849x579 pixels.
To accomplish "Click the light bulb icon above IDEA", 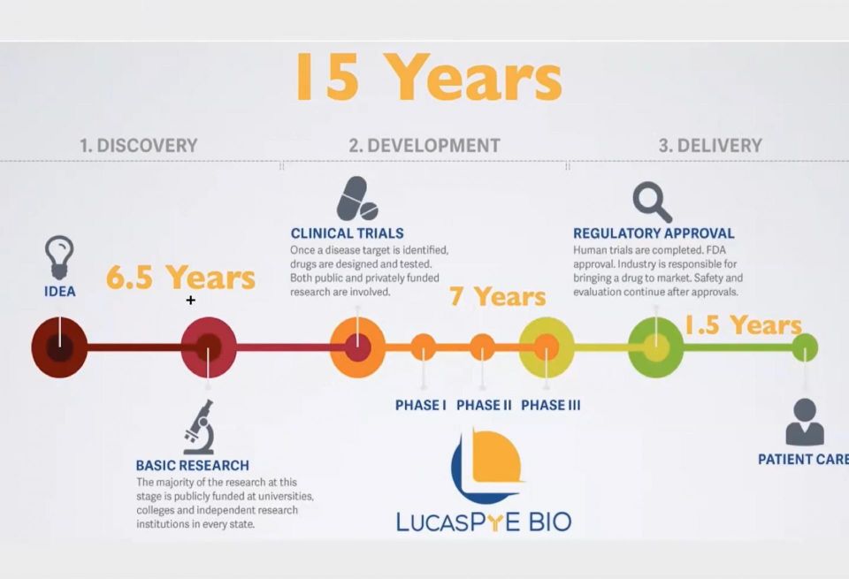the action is pyautogui.click(x=59, y=257).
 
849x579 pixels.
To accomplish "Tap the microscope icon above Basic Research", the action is pyautogui.click(x=199, y=427).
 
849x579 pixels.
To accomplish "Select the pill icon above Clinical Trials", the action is pyautogui.click(x=356, y=198).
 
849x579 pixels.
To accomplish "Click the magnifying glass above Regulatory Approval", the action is pyautogui.click(x=653, y=202).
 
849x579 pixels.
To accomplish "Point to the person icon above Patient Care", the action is pyautogui.click(x=805, y=422).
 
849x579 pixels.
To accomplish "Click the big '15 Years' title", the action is pyautogui.click(x=429, y=77).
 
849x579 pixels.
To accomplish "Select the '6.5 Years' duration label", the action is pyautogui.click(x=180, y=277).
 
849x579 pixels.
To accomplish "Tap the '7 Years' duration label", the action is pyautogui.click(x=498, y=296).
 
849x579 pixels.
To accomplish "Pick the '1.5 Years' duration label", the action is pyautogui.click(x=743, y=325).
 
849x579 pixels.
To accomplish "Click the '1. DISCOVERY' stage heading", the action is pyautogui.click(x=139, y=146).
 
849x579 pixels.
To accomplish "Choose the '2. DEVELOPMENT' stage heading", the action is pyautogui.click(x=424, y=146).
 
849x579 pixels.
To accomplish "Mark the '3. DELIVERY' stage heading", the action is pyautogui.click(x=710, y=146).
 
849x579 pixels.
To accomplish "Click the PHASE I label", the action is pyautogui.click(x=421, y=405).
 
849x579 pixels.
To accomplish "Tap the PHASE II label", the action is pyautogui.click(x=484, y=405).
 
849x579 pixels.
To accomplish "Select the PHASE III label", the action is pyautogui.click(x=551, y=405).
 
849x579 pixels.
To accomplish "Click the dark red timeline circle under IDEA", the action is pyautogui.click(x=59, y=347).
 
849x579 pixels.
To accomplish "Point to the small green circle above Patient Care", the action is pyautogui.click(x=805, y=347).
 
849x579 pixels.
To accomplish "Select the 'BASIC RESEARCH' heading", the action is pyautogui.click(x=192, y=465).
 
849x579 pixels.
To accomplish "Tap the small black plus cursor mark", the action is pyautogui.click(x=191, y=301).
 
